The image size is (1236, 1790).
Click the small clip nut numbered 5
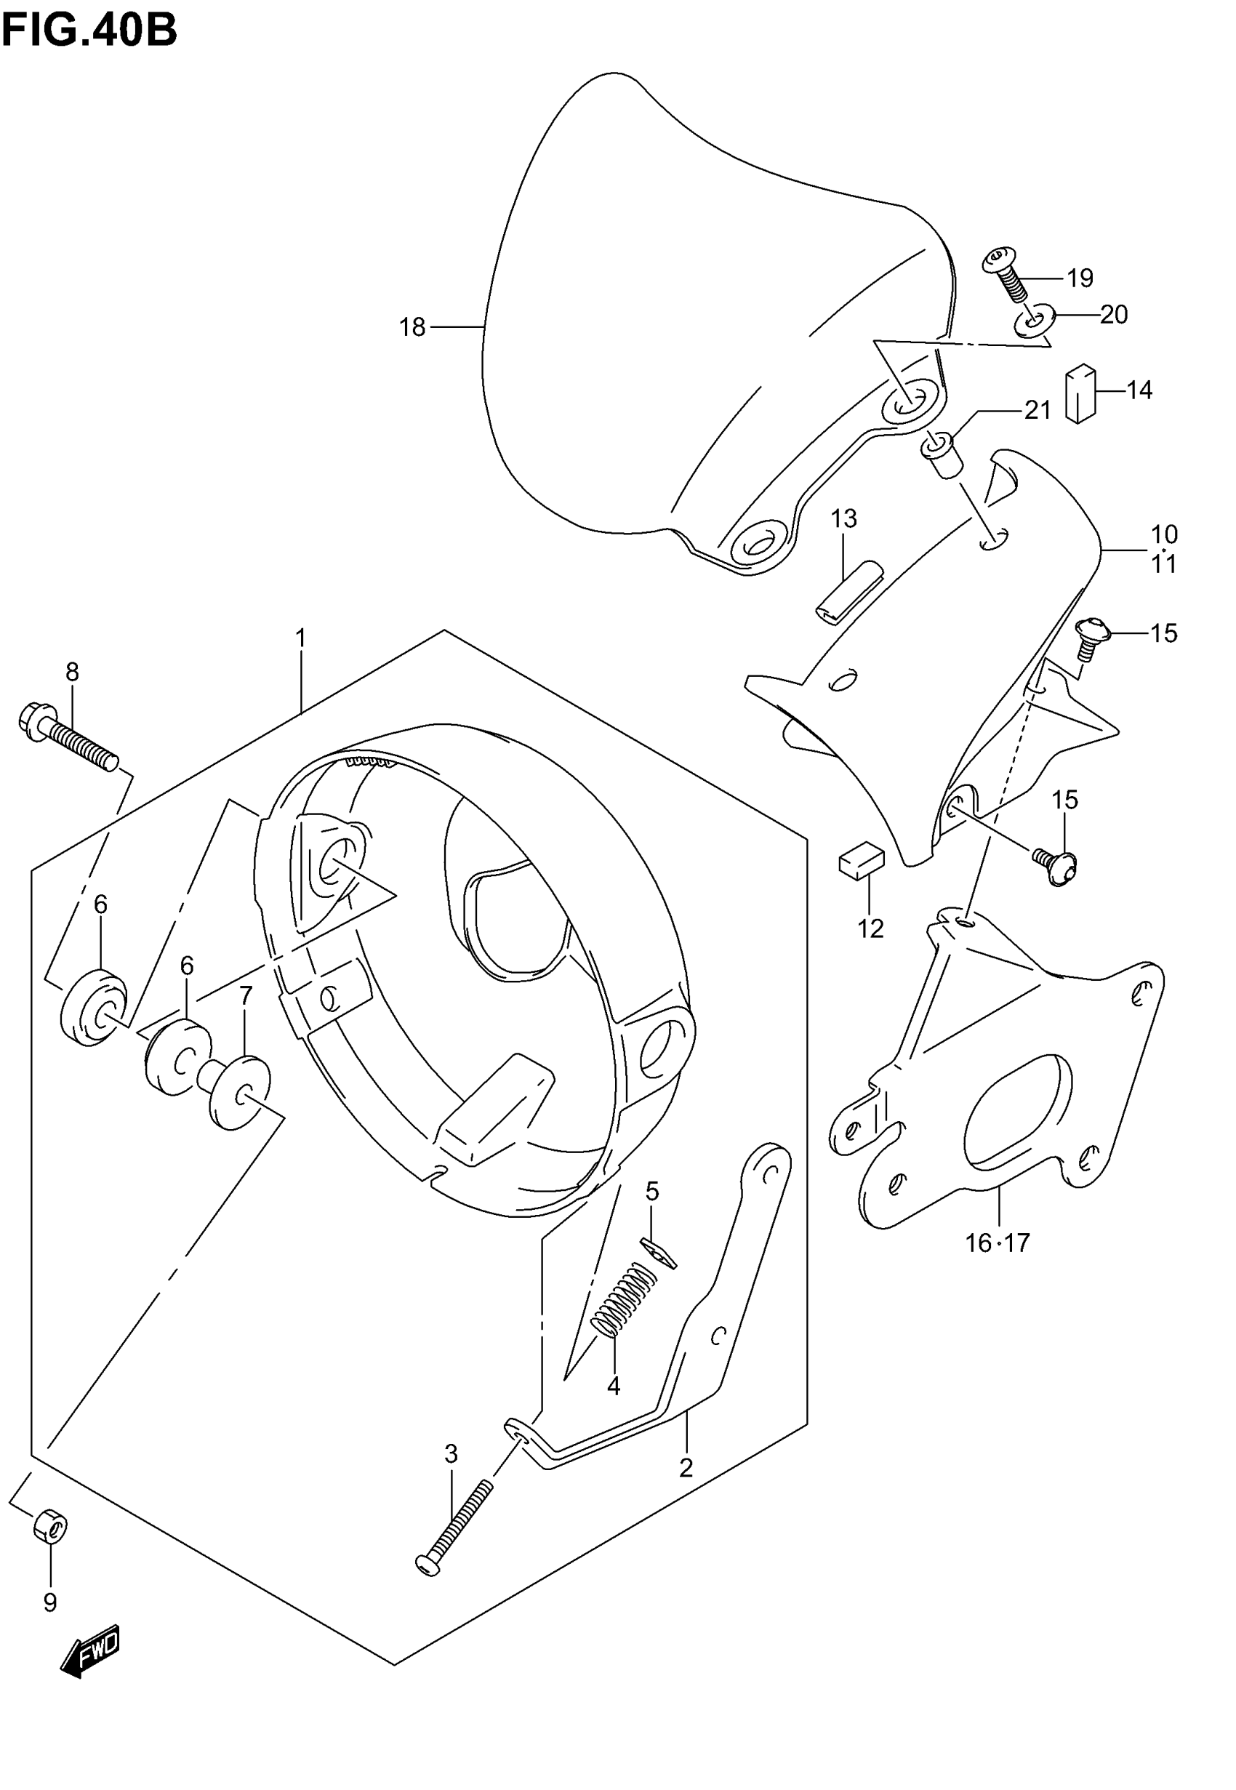click(658, 1252)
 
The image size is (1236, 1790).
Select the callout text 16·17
click(998, 1243)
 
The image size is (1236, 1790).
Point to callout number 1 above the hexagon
click(300, 639)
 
